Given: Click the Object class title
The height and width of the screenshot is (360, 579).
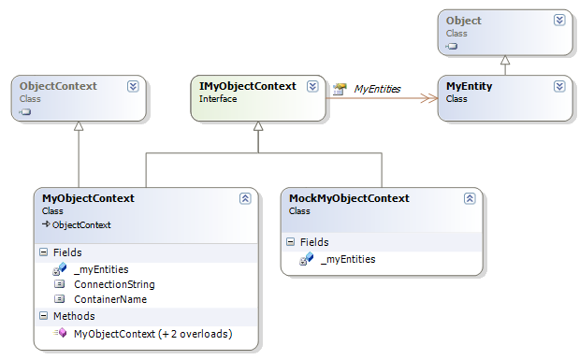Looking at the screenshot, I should pos(464,20).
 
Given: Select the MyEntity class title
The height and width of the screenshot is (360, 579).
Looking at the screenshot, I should pos(469,86).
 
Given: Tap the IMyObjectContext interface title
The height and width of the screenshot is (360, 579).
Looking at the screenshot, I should pos(248,86).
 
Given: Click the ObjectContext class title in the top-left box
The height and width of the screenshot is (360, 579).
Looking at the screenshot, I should pos(58,86).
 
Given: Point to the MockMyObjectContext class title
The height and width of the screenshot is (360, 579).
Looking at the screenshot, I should pos(349,198).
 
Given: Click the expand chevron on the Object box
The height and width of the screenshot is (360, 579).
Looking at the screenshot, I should pos(559,20).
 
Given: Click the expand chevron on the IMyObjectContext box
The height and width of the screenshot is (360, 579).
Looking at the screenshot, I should pos(312,86).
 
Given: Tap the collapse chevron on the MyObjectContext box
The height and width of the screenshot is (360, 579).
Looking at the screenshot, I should pos(245,198).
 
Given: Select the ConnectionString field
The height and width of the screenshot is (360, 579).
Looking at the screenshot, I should pos(113,284).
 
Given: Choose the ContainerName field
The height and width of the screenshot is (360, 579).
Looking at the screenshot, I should pos(109,299).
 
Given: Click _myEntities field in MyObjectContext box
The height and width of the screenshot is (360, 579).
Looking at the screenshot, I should pos(101,269).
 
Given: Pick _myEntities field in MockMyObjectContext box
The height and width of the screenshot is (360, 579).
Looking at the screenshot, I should pos(348,259).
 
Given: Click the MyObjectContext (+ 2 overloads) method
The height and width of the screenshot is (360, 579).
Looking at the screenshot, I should pos(152,333).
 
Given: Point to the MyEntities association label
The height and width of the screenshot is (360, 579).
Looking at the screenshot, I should pos(377,89).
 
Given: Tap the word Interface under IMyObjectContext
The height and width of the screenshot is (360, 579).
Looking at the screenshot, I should pos(218,99).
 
